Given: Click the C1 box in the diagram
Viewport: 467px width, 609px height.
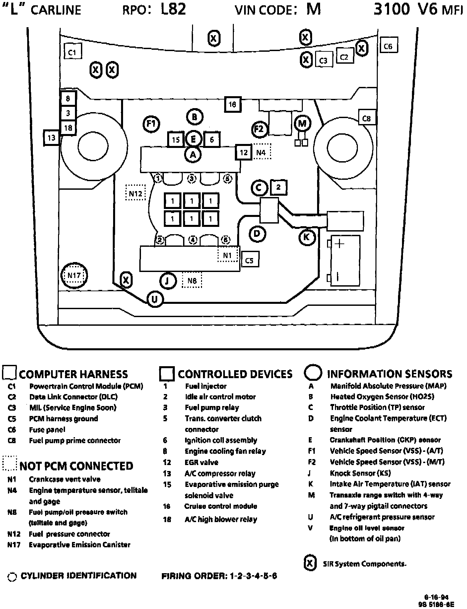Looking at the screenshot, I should pos(72,52).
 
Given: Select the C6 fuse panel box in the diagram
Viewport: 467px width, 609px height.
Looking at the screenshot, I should pos(388,46).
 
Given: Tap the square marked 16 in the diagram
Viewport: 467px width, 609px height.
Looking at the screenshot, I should pos(232,104).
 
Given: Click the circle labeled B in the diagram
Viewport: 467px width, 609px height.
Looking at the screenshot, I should pos(194,117).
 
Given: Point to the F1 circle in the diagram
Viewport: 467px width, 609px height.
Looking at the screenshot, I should pos(151,124).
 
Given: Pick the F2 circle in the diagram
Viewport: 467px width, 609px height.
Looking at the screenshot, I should pos(259,129).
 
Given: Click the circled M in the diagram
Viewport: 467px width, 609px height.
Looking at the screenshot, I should pos(302,124).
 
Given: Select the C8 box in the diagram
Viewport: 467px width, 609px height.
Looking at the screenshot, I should pos(367,118).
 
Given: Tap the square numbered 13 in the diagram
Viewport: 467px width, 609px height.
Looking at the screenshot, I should pos(51,137).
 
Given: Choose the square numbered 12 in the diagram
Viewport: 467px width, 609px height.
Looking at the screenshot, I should pos(244,152).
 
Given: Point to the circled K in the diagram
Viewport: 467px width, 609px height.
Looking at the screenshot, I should pos(306,237).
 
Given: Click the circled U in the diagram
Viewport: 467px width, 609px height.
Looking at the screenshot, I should pos(155,299).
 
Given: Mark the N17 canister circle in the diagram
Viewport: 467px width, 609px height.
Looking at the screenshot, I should pos(74,275).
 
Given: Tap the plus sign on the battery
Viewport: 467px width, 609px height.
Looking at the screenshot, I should pos(339,244).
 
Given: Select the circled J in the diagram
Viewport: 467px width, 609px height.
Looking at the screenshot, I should pos(167,281).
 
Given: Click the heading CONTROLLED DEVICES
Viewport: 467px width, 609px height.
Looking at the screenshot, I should pos(235,374).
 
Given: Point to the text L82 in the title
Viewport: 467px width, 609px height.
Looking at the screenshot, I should pos(173,9).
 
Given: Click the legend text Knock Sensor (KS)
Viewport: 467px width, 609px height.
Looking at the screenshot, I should pos(360,473).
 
